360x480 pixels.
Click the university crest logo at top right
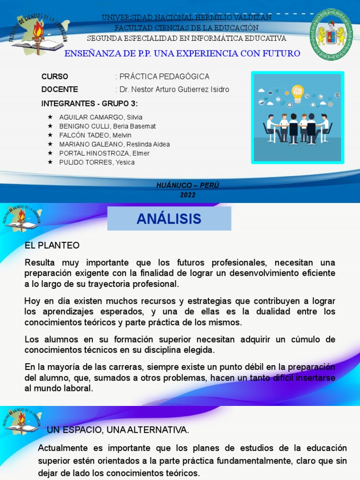pyautogui.click(x=331, y=34)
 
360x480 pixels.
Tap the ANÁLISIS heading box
pyautogui.click(x=169, y=218)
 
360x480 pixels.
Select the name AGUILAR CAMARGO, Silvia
pyautogui.click(x=101, y=117)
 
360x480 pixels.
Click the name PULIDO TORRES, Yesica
pyautogui.click(x=97, y=162)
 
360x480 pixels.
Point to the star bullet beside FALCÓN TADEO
pyautogui.click(x=50, y=135)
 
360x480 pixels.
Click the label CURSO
pyautogui.click(x=55, y=76)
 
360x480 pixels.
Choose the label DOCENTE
pyautogui.click(x=60, y=90)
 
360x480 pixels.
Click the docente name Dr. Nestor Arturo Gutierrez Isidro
pyautogui.click(x=174, y=90)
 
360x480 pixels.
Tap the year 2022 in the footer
pyautogui.click(x=187, y=195)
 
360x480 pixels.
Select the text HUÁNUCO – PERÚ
pyautogui.click(x=187, y=186)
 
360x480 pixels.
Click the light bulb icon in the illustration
pyautogui.click(x=298, y=91)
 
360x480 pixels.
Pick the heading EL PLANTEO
pyautogui.click(x=52, y=246)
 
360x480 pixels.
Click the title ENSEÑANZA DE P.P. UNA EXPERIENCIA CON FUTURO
pyautogui.click(x=182, y=53)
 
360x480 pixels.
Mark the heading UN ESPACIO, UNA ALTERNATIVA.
pyautogui.click(x=118, y=430)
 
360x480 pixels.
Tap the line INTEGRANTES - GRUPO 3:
pyautogui.click(x=90, y=104)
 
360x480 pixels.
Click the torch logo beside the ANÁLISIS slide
pyautogui.click(x=22, y=219)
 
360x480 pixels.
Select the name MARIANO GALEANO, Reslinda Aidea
pyautogui.click(x=114, y=144)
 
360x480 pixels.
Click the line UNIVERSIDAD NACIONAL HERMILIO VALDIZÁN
pyautogui.click(x=187, y=17)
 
